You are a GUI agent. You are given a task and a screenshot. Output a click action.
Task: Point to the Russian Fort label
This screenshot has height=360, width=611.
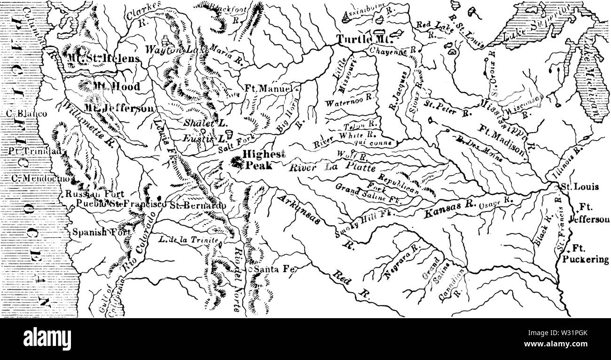(95, 194)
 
